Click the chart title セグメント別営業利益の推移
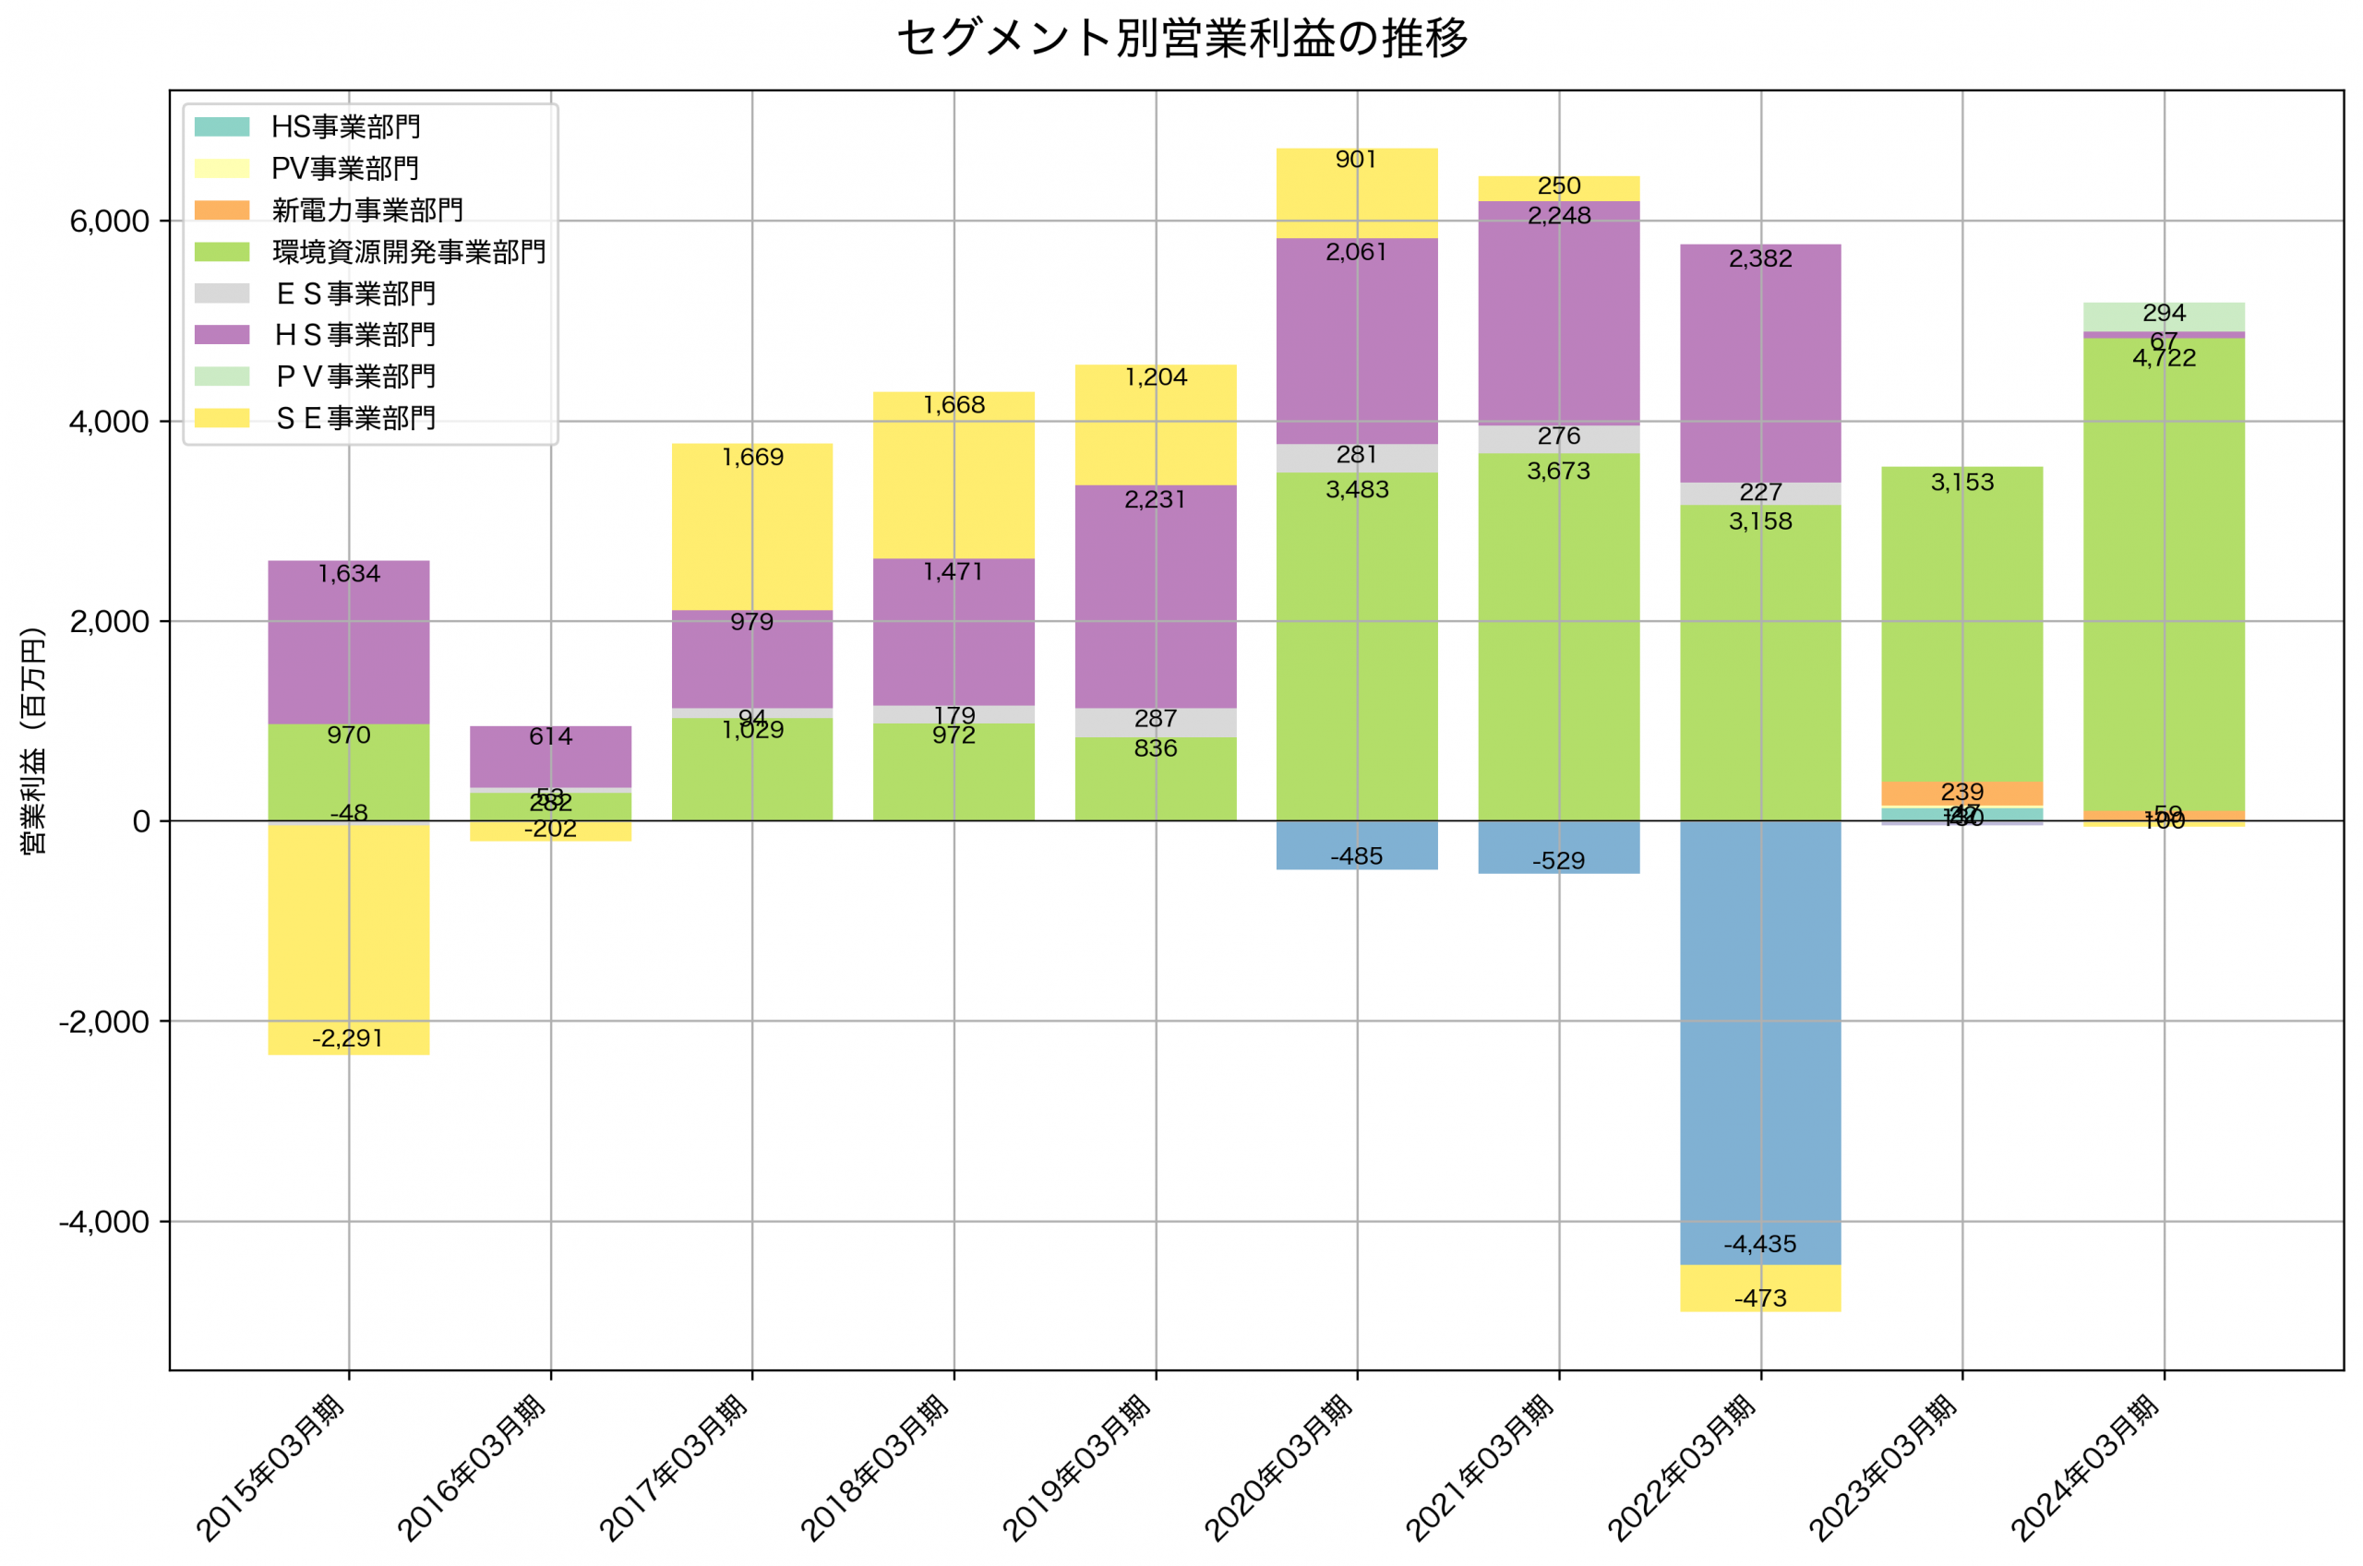point(1181,38)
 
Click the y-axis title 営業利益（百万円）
point(33,740)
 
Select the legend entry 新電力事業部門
point(366,209)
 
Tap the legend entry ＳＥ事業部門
point(354,417)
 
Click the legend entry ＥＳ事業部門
point(354,293)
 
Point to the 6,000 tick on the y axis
point(109,221)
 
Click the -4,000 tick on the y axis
point(104,1222)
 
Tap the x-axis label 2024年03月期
point(2086,1468)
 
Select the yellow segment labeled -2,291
point(349,938)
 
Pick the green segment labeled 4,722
point(2164,580)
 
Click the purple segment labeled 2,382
point(1759,365)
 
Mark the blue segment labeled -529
point(1558,846)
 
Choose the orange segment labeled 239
point(1961,793)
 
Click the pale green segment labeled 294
point(2164,317)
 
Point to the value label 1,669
point(752,458)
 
